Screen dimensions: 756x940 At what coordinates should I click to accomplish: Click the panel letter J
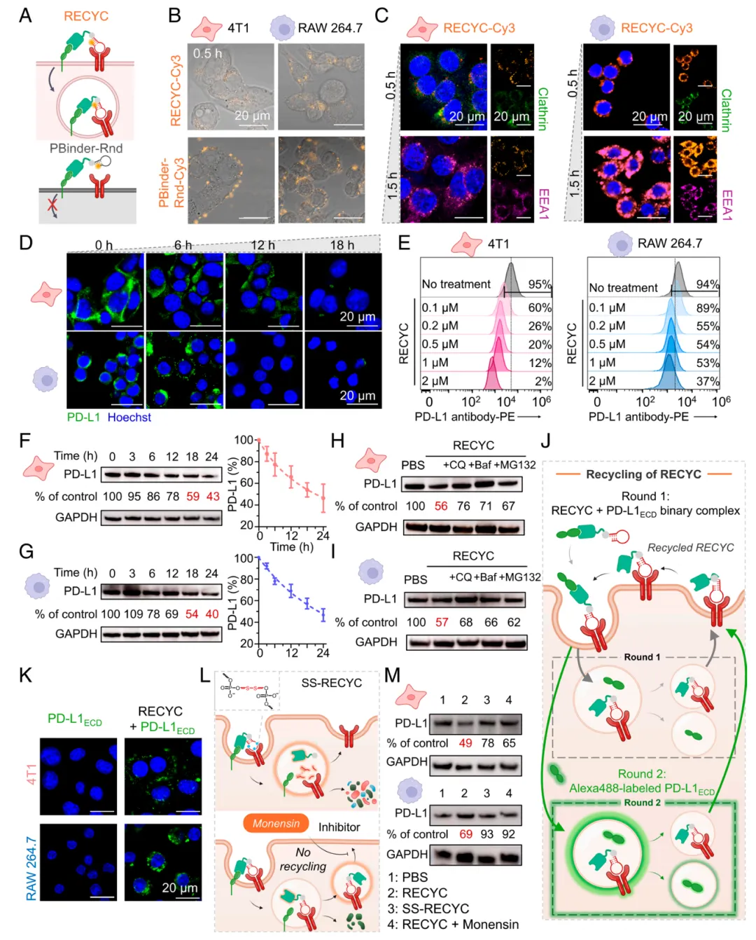coord(546,441)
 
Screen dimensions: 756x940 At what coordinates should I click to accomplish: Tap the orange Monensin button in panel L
coord(276,824)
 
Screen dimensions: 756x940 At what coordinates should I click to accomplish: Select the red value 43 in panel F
coord(213,496)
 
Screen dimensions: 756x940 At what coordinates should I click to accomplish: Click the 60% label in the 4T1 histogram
coord(540,307)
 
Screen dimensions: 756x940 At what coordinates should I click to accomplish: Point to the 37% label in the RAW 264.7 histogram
coord(708,381)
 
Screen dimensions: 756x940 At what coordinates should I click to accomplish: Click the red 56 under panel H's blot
coord(441,506)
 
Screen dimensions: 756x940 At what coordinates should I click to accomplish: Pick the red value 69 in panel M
coord(465,834)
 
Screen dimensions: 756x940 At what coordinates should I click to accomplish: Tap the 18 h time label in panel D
coord(342,245)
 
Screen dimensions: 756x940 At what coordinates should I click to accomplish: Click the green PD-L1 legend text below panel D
coord(83,417)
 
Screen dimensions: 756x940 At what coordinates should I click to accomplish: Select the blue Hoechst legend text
coord(129,417)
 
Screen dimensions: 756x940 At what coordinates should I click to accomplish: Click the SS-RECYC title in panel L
coord(331,683)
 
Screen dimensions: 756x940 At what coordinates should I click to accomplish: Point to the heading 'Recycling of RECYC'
coord(643,474)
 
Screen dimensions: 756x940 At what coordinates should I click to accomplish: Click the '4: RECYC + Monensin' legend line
coord(453,925)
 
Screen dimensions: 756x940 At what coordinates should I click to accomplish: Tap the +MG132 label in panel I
coord(521,577)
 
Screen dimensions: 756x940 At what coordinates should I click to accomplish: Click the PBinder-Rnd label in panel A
coord(86,148)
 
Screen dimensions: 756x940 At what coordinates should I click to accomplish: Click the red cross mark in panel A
coord(52,207)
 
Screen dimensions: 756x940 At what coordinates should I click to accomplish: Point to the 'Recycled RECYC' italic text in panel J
coord(690,548)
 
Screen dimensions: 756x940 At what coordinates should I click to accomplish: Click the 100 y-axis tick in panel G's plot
coord(244,558)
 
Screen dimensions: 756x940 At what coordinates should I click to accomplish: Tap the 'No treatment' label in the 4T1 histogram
coord(456,284)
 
